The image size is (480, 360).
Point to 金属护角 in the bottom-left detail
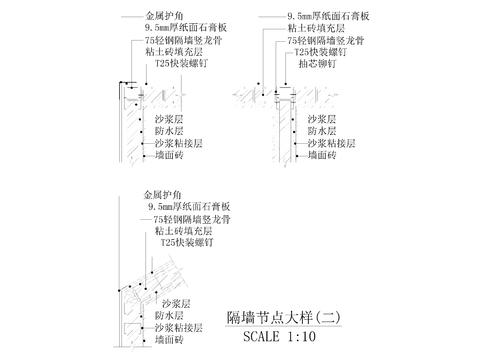(164, 194)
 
